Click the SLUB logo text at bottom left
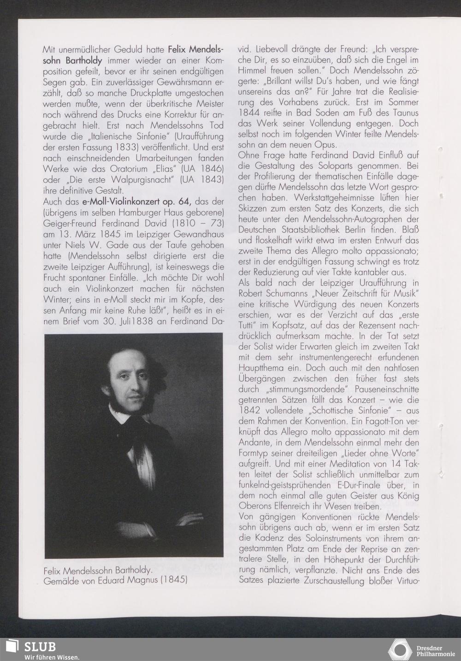(x=40, y=646)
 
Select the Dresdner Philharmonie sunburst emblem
(x=400, y=649)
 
